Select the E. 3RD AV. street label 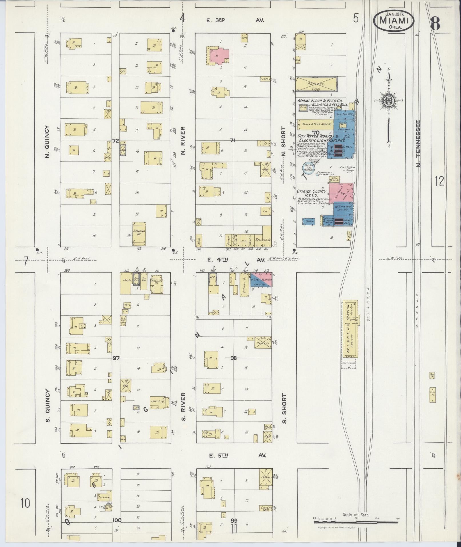click(235, 20)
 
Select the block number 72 click(115, 141)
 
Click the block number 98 click(234, 357)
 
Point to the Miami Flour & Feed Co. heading click(320, 101)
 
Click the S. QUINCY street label click(47, 405)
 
